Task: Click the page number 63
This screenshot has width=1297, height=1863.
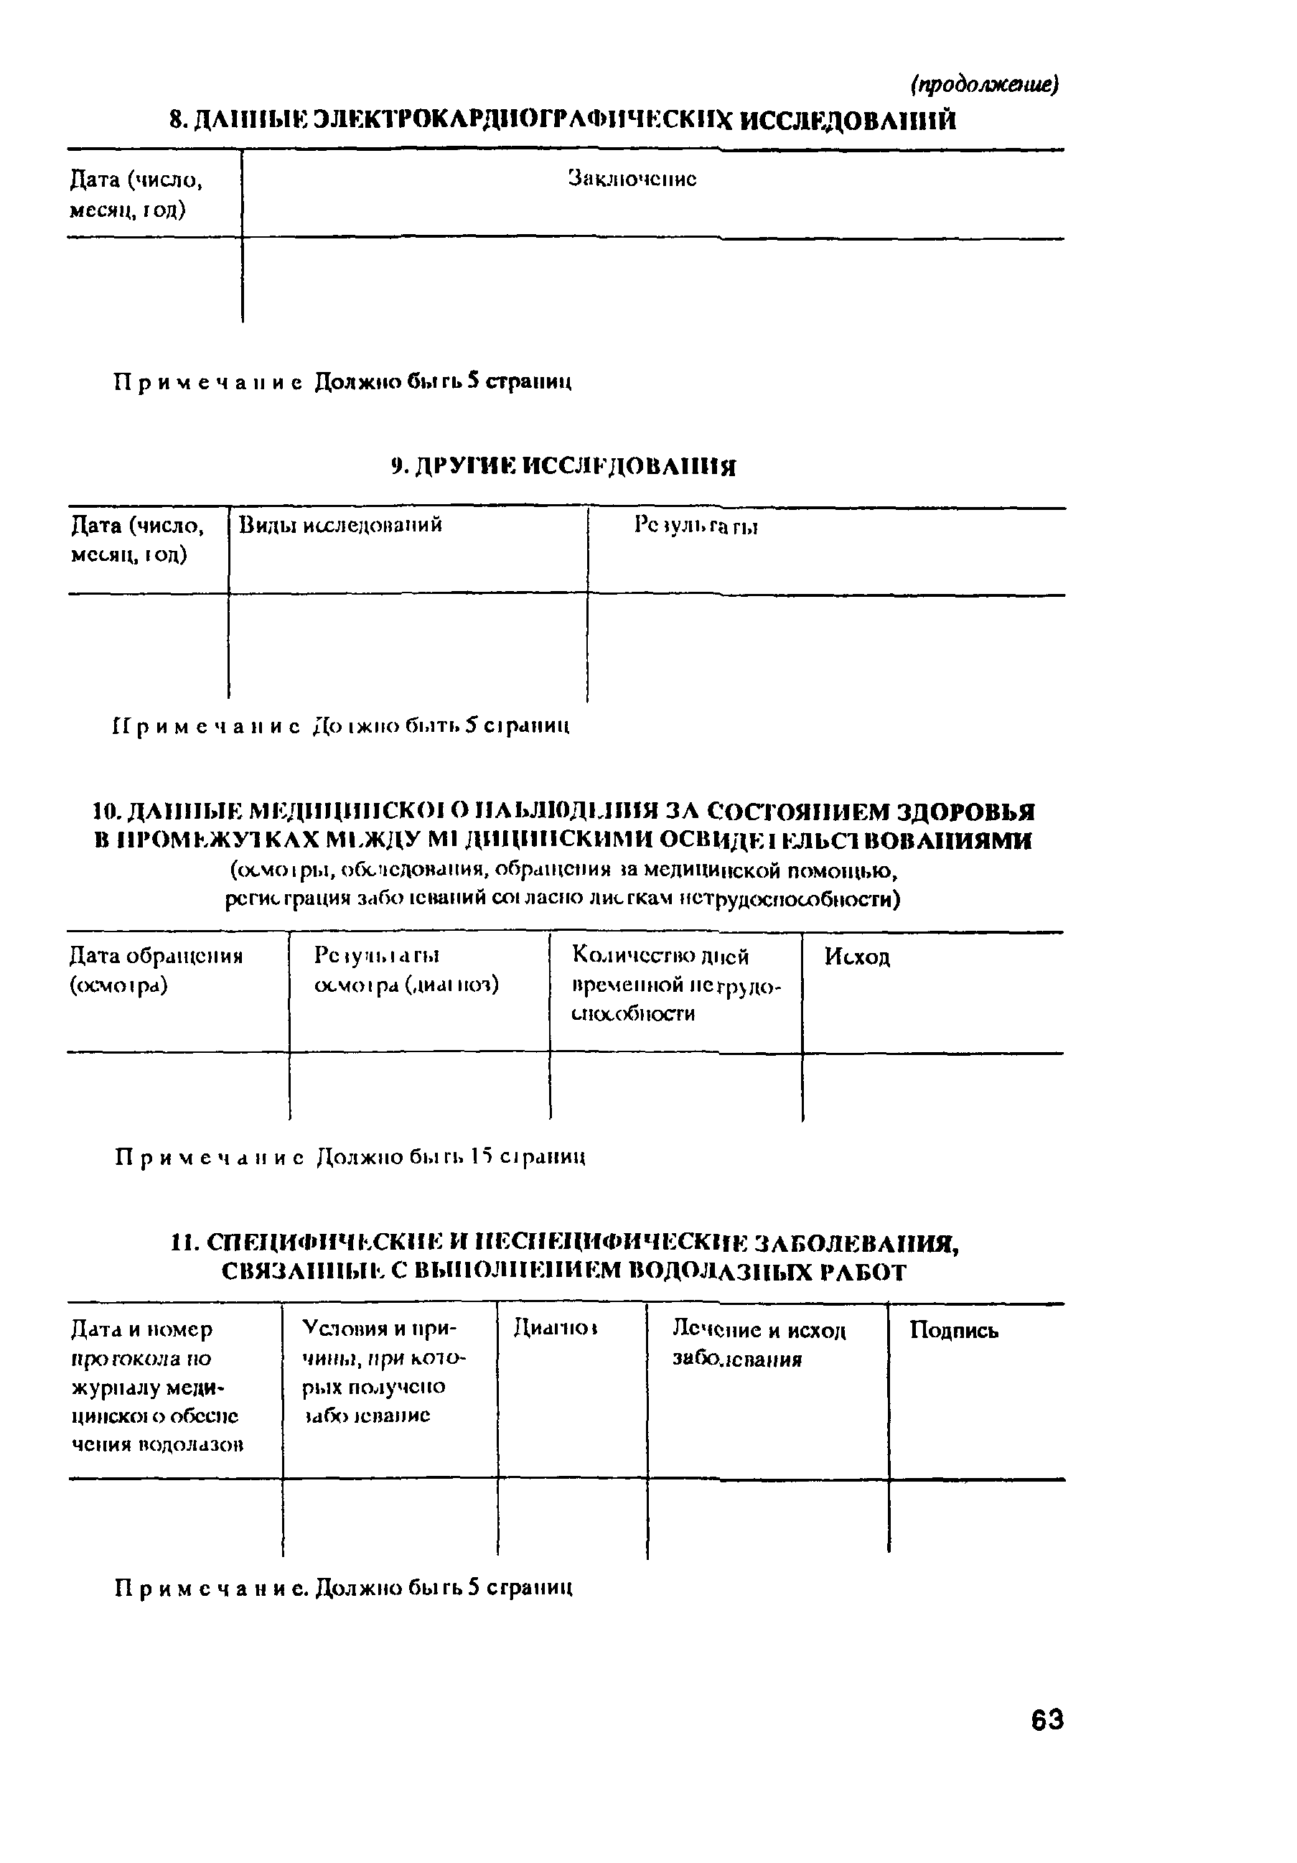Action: [1047, 1719]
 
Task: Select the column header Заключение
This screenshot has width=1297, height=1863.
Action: [632, 179]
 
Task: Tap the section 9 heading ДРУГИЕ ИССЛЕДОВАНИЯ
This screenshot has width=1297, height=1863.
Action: [563, 467]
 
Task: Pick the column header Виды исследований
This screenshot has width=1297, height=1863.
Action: [340, 525]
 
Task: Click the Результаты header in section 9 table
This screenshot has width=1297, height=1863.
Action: [696, 526]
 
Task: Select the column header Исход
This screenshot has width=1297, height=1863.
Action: [856, 957]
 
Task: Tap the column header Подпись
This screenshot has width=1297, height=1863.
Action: [953, 1330]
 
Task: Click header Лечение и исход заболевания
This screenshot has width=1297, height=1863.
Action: [759, 1344]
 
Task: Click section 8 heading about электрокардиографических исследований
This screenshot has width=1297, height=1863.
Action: [563, 121]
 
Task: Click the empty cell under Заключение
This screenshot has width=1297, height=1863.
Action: [649, 280]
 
